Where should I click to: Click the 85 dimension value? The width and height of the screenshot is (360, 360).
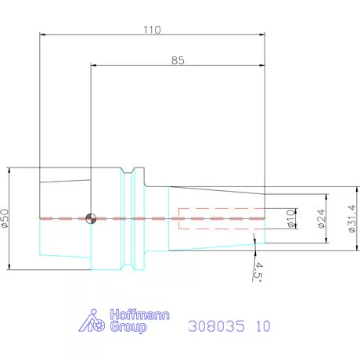click(x=178, y=61)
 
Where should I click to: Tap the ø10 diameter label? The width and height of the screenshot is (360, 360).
click(x=290, y=218)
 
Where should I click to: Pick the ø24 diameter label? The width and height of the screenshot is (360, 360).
click(x=321, y=218)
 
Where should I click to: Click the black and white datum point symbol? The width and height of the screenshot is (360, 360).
click(x=92, y=218)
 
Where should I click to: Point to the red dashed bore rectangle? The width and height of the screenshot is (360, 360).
click(x=222, y=218)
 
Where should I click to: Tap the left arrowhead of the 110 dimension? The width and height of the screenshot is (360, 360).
click(x=42, y=34)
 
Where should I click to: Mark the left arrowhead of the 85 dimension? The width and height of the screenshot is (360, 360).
click(x=94, y=67)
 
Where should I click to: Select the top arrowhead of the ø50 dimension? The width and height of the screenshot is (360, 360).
click(x=9, y=169)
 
